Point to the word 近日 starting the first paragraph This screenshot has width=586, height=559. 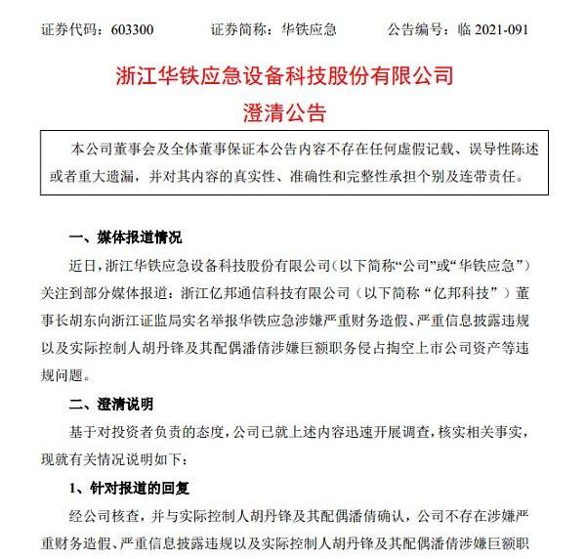(x=87, y=264)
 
